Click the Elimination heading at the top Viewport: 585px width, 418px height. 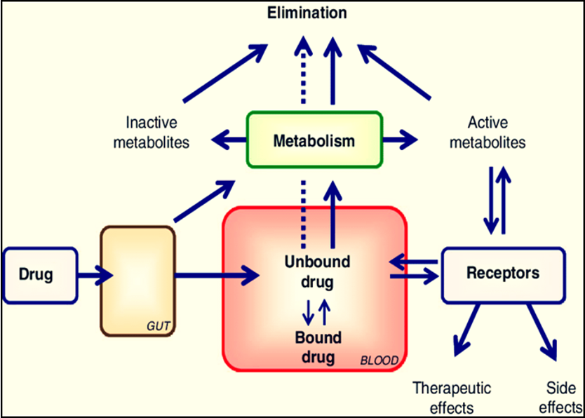pyautogui.click(x=307, y=13)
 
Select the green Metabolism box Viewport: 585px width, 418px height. pyautogui.click(x=314, y=140)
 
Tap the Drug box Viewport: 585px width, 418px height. pyautogui.click(x=40, y=275)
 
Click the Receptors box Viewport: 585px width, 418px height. pyautogui.click(x=504, y=275)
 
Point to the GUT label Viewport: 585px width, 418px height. pyautogui.click(x=159, y=326)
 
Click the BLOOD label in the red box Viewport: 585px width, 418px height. pyautogui.click(x=379, y=360)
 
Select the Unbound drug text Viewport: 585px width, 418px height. pyautogui.click(x=317, y=272)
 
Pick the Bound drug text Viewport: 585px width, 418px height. pyautogui.click(x=318, y=347)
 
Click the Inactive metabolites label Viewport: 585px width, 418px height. pyautogui.click(x=151, y=133)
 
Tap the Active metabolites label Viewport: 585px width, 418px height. pyautogui.click(x=487, y=133)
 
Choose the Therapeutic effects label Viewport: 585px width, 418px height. pyautogui.click(x=452, y=398)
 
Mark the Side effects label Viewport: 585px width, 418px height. pyautogui.click(x=560, y=398)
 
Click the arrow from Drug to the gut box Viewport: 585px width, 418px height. pyautogui.click(x=95, y=276)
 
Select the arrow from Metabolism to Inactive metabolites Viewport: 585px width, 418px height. pyautogui.click(x=229, y=140)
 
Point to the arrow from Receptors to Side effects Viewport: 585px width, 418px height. pyautogui.click(x=542, y=332)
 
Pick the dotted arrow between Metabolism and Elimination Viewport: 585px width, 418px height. pyautogui.click(x=303, y=69)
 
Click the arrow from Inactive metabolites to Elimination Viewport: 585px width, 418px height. pyautogui.click(x=225, y=73)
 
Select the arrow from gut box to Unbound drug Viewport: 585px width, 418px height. pyautogui.click(x=217, y=276)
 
